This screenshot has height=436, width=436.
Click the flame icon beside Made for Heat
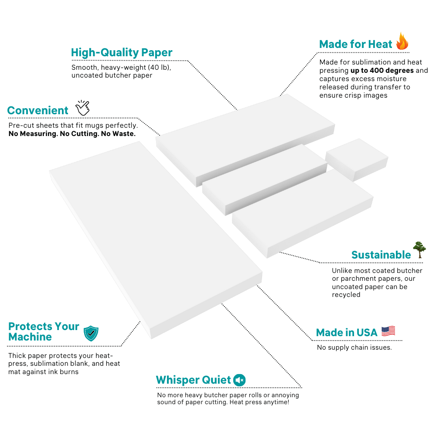pyautogui.click(x=402, y=41)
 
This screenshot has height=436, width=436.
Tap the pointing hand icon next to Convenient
pyautogui.click(x=82, y=108)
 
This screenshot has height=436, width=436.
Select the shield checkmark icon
pyautogui.click(x=91, y=333)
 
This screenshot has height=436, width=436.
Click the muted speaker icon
pyautogui.click(x=239, y=380)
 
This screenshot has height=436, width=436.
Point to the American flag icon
pyautogui.click(x=388, y=331)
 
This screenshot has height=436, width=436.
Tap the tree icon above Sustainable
pyautogui.click(x=419, y=250)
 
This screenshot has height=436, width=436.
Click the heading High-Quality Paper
pyautogui.click(x=122, y=53)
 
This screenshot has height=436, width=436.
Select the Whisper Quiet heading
pyautogui.click(x=193, y=380)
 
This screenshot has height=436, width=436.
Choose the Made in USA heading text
pyautogui.click(x=347, y=333)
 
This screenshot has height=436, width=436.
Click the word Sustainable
pyautogui.click(x=381, y=255)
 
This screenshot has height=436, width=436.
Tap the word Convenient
pyautogui.click(x=38, y=111)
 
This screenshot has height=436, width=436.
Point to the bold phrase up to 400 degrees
pyautogui.click(x=382, y=71)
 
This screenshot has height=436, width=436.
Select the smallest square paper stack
pyautogui.click(x=357, y=159)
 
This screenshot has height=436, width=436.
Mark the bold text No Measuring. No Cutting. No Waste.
pyautogui.click(x=72, y=134)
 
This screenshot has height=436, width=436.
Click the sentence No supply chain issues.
pyautogui.click(x=354, y=347)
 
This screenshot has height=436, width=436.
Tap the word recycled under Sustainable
pyautogui.click(x=346, y=295)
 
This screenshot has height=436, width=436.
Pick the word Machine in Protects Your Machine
pyautogui.click(x=30, y=337)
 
